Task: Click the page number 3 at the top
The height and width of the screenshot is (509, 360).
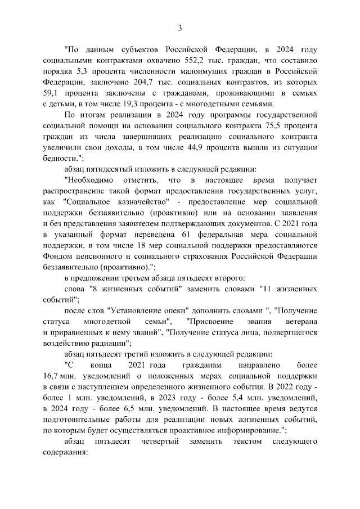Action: coord(180,28)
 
